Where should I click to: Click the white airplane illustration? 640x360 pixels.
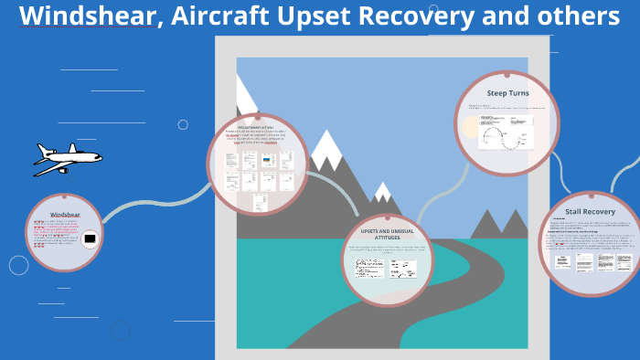tap(67, 160)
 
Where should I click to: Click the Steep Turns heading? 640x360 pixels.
tap(507, 93)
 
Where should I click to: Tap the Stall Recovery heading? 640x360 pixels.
tap(591, 211)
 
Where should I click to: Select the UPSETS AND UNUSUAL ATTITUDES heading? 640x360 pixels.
tap(387, 233)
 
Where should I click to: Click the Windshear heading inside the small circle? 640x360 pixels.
tap(65, 215)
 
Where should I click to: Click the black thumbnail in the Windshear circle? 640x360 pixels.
tap(90, 240)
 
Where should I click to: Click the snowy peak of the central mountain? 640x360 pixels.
tap(325, 142)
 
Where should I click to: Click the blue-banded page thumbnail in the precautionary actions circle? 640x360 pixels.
tap(267, 161)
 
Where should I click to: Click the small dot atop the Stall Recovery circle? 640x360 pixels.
tap(591, 193)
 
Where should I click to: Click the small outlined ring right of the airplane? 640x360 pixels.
tap(183, 124)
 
